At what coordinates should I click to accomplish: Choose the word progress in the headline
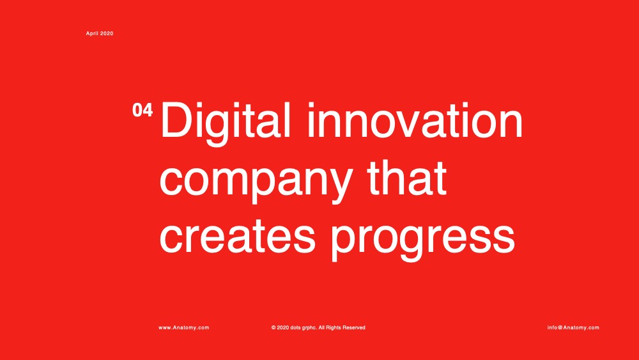tap(423, 240)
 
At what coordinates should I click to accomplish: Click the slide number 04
tap(142, 110)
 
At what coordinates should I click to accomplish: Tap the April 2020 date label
tap(100, 33)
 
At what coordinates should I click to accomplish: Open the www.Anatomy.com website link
tap(184, 327)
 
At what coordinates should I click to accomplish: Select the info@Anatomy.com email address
tap(573, 327)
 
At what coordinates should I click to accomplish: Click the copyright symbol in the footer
tap(273, 327)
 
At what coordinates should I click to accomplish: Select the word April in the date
tap(91, 33)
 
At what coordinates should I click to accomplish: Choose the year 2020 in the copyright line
tap(283, 327)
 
